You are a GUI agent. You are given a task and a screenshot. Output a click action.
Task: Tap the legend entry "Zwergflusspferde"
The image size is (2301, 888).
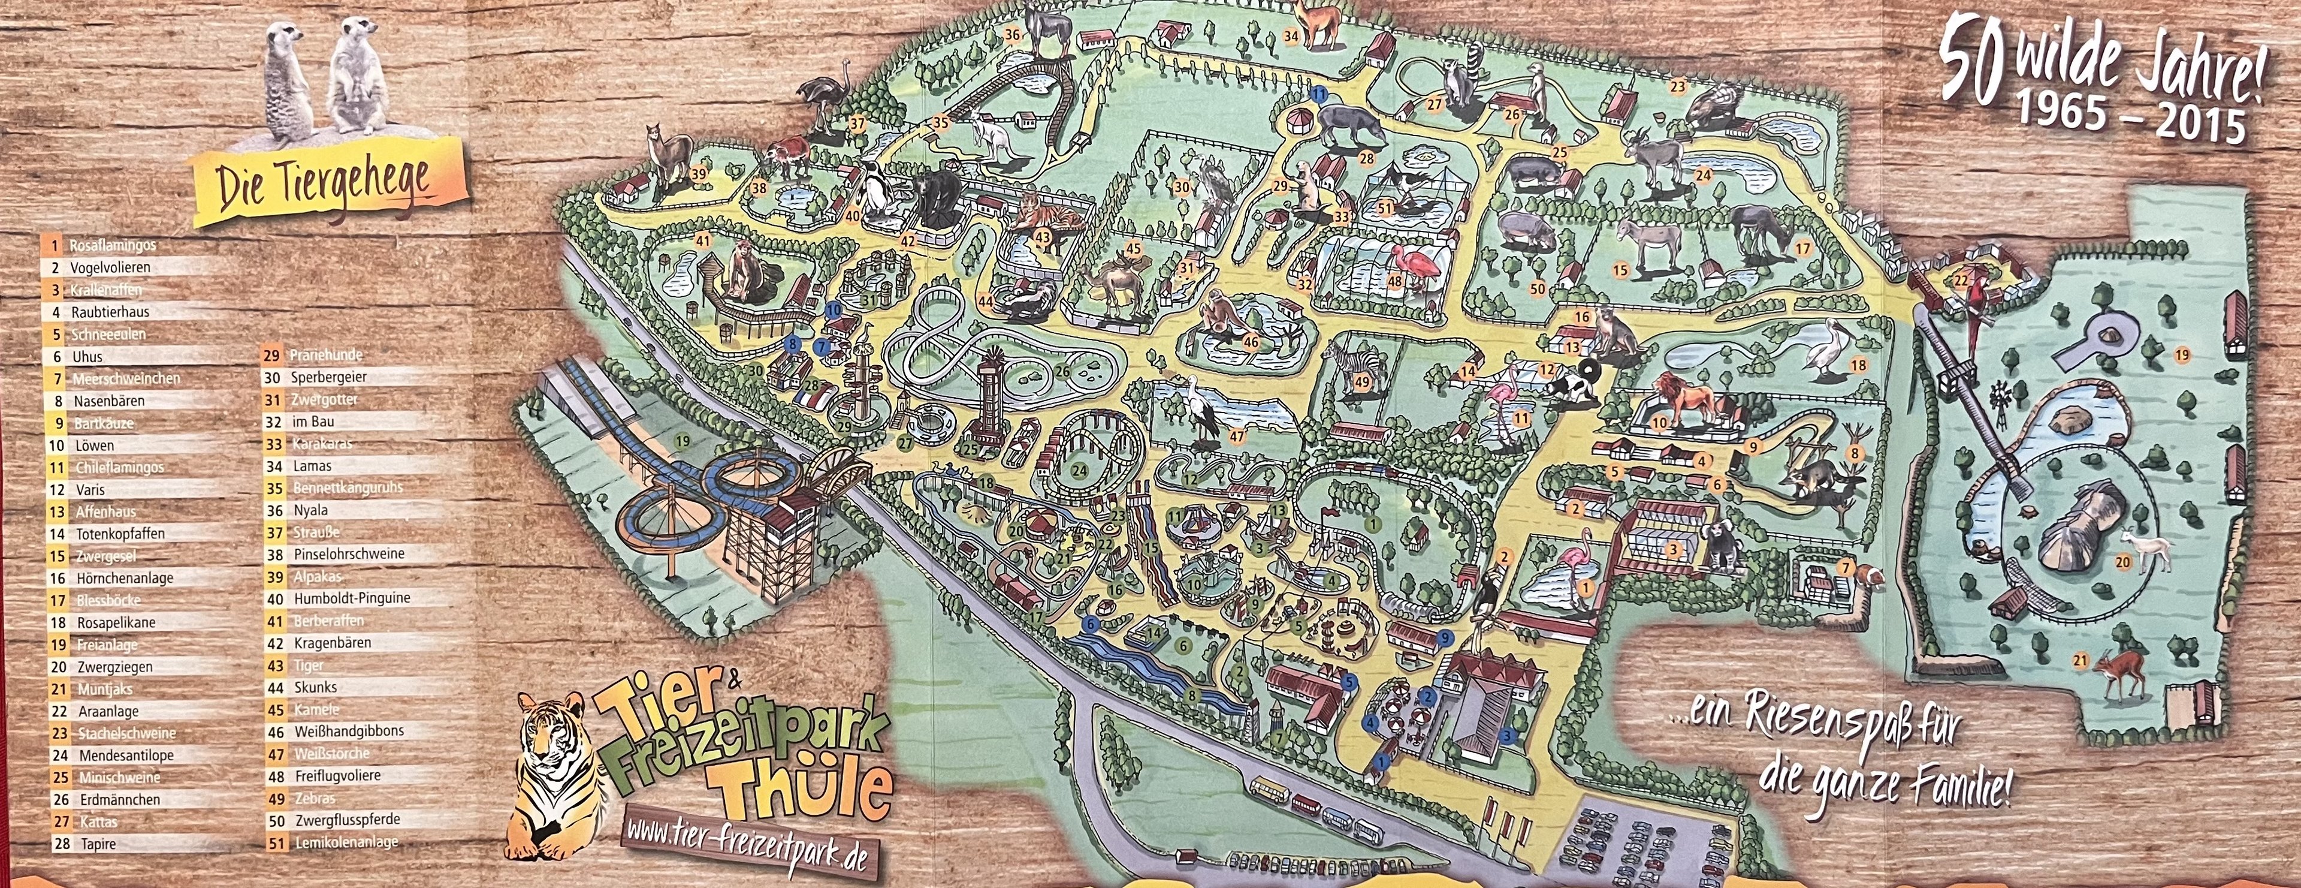point(346,819)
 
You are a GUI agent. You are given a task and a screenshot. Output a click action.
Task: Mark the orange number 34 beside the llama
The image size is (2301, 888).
point(1291,37)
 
